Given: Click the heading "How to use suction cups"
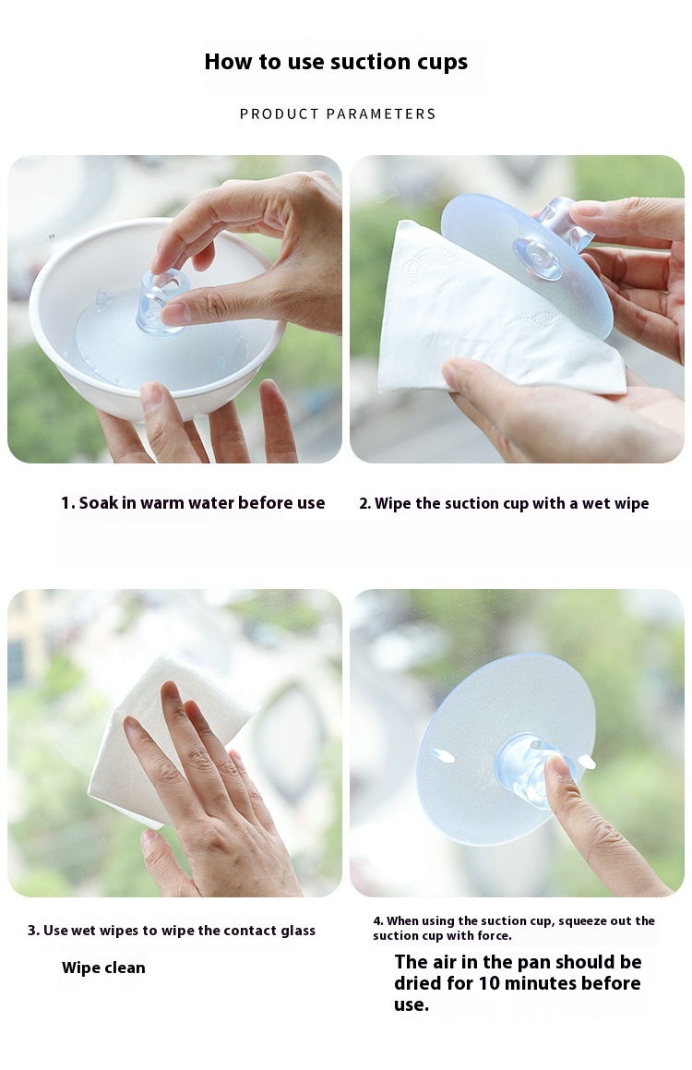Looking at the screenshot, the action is [x=336, y=62].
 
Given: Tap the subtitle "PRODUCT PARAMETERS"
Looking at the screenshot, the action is [x=338, y=114].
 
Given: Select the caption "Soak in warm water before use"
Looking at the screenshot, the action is [x=202, y=503].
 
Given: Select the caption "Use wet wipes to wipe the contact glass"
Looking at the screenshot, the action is [x=179, y=931].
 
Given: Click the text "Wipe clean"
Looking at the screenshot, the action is [x=103, y=968].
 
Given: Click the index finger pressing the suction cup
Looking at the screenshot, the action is [x=593, y=825].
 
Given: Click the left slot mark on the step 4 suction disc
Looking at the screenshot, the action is [x=443, y=755].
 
